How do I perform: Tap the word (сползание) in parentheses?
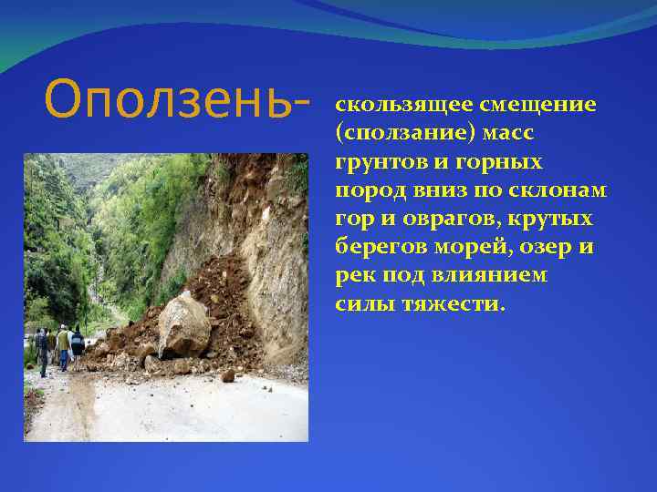(x=402, y=133)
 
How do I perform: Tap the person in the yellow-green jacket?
(x=63, y=345)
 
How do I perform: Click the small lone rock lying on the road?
(x=228, y=375)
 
